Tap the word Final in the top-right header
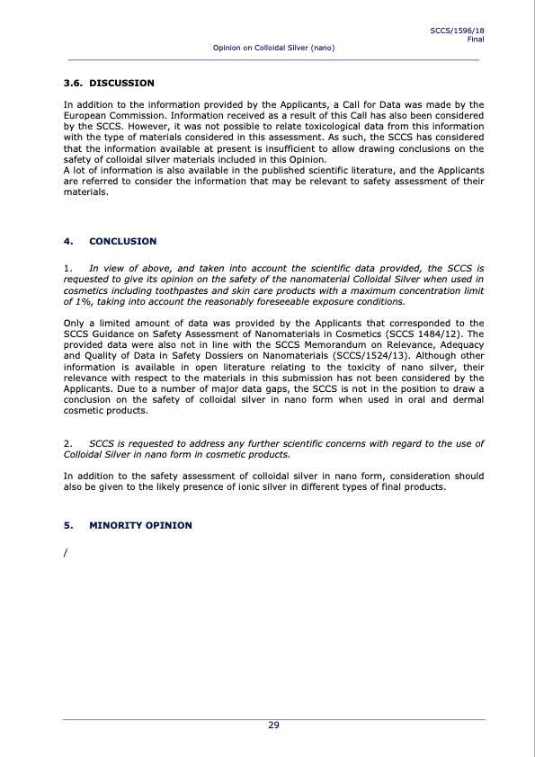(x=477, y=39)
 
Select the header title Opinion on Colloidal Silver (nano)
(x=273, y=47)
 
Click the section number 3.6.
(x=73, y=83)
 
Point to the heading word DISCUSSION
(x=122, y=83)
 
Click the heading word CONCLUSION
(x=123, y=241)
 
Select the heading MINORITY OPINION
(x=140, y=525)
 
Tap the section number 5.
(x=67, y=525)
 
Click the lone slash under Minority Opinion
(x=66, y=551)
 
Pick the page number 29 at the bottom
(x=273, y=726)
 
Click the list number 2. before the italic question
(x=68, y=444)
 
